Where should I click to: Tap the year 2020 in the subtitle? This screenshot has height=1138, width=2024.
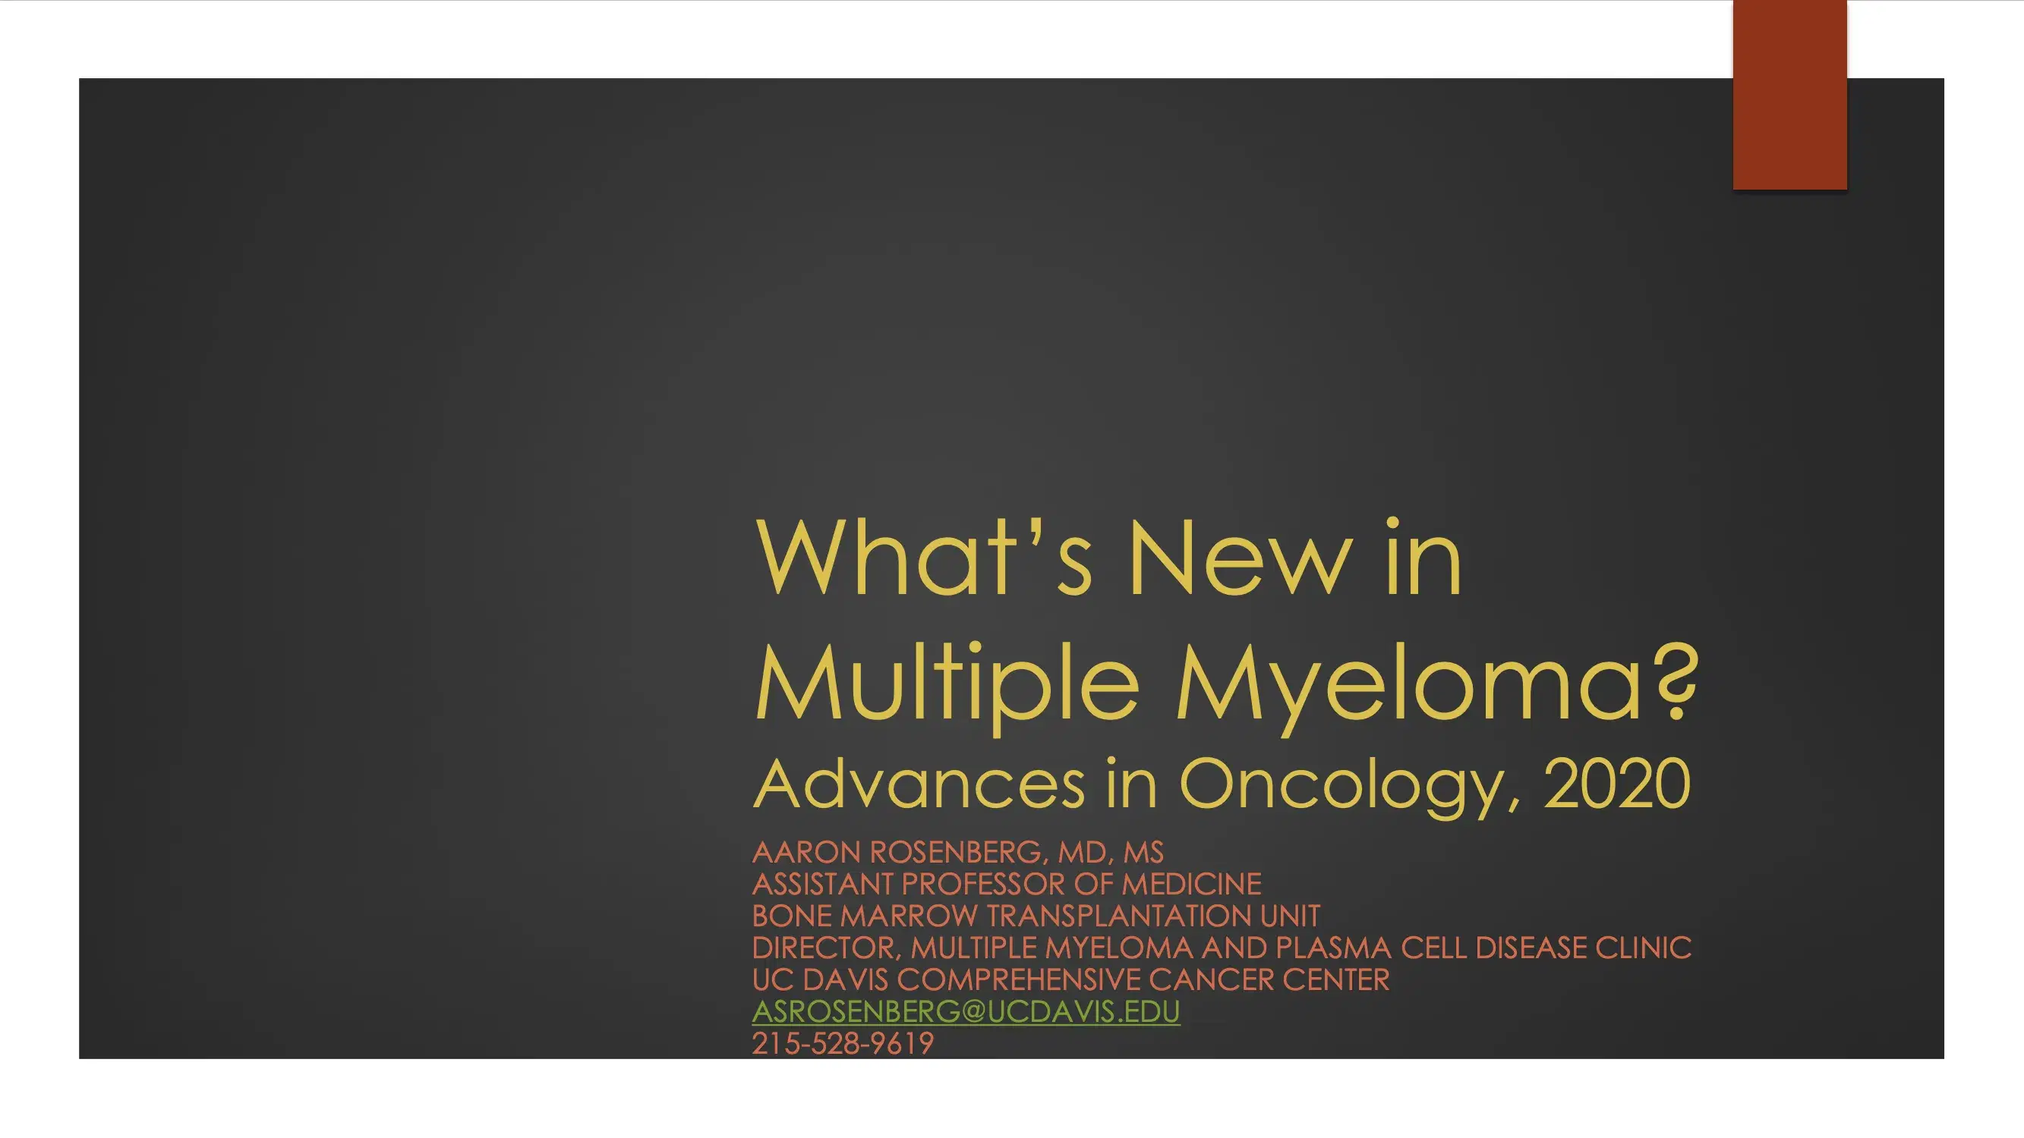tap(1617, 783)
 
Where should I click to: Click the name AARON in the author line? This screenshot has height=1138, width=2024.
tap(806, 852)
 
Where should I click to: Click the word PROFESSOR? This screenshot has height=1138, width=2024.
tap(983, 885)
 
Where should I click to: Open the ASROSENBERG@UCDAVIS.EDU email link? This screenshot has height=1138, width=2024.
tap(966, 1011)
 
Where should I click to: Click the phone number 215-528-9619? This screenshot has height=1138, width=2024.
tap(842, 1044)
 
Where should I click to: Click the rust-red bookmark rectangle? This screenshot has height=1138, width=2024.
tap(1790, 94)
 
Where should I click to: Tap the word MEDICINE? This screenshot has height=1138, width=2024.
tap(1191, 885)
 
